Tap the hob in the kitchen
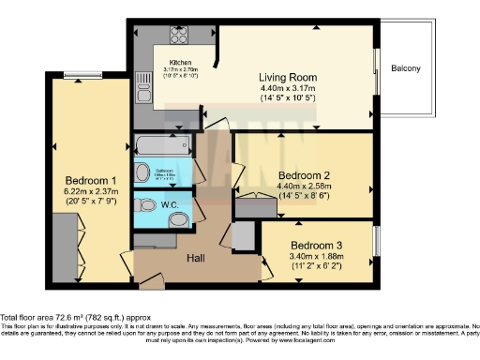tap(179, 36)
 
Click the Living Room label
tap(288, 77)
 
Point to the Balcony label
tap(406, 68)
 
